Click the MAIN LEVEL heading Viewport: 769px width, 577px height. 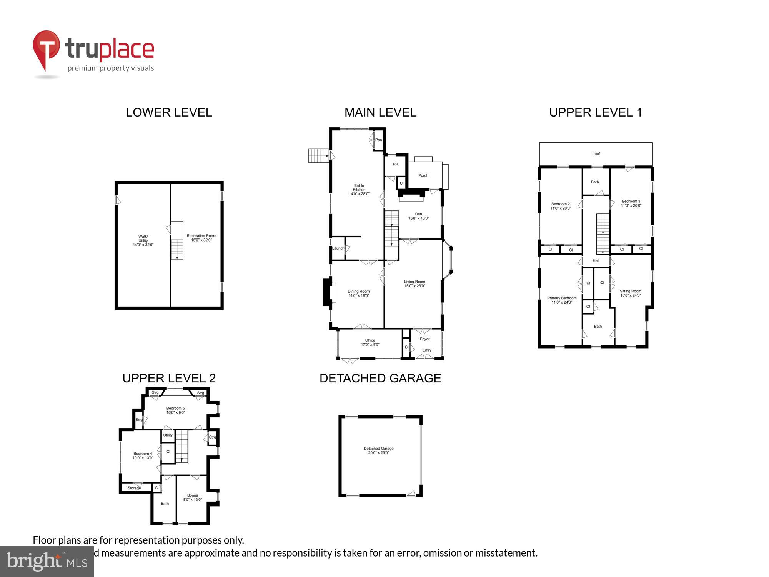click(380, 112)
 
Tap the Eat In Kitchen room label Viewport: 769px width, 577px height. click(359, 190)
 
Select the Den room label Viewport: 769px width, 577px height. click(418, 216)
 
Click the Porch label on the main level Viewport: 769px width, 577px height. click(423, 175)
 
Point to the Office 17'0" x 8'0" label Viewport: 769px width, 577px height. click(370, 342)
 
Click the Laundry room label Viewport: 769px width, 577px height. click(338, 248)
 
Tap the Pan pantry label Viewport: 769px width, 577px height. click(378, 140)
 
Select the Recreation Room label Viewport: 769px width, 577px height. click(201, 238)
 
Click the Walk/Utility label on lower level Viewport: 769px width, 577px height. click(143, 240)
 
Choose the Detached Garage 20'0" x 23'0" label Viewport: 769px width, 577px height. click(378, 450)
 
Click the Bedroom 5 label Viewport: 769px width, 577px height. click(175, 410)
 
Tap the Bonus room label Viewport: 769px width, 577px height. click(192, 497)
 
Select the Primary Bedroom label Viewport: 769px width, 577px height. click(562, 300)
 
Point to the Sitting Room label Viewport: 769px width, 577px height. click(630, 293)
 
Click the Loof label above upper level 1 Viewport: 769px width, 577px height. click(596, 154)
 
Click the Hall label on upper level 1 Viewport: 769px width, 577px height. click(596, 260)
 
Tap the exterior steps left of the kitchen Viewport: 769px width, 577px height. click(318, 156)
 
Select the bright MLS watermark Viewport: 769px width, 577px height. click(47, 562)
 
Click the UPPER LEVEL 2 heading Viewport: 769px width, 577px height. click(169, 378)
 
